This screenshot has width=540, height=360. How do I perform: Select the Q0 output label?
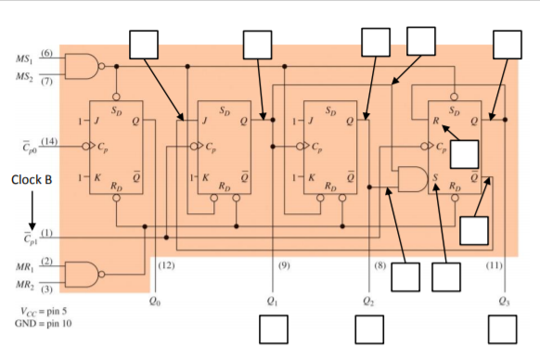point(155,300)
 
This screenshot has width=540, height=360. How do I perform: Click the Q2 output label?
point(369,300)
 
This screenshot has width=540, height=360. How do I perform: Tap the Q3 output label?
point(503,300)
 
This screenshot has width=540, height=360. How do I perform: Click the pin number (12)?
point(167,265)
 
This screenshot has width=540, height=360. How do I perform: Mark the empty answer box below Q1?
point(273,328)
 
